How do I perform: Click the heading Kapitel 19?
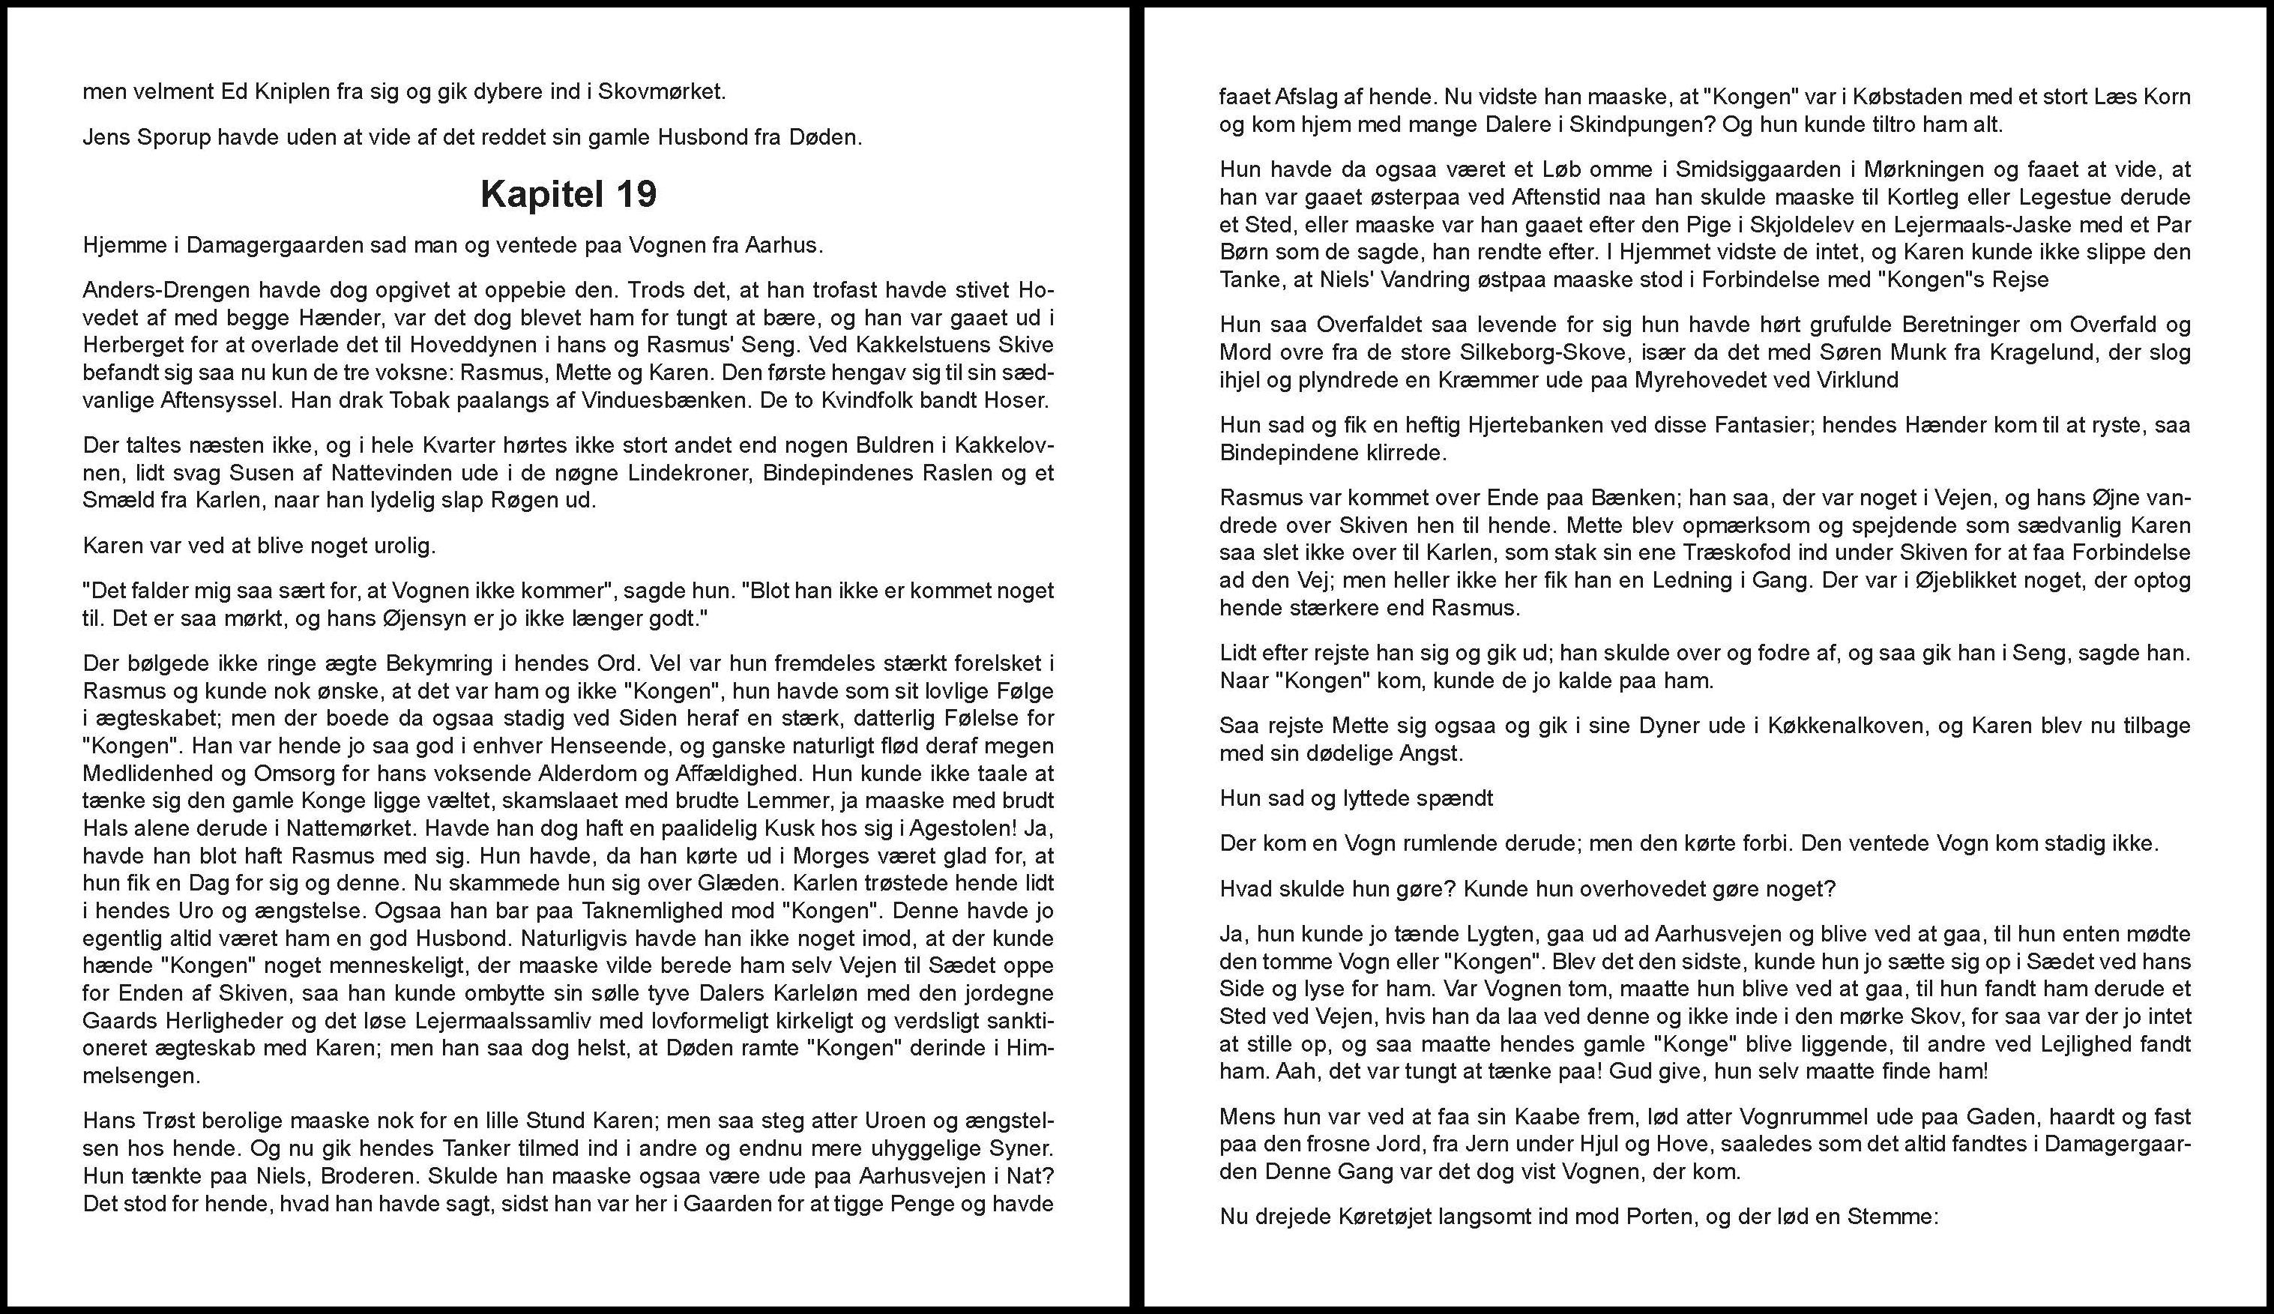pos(568,194)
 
